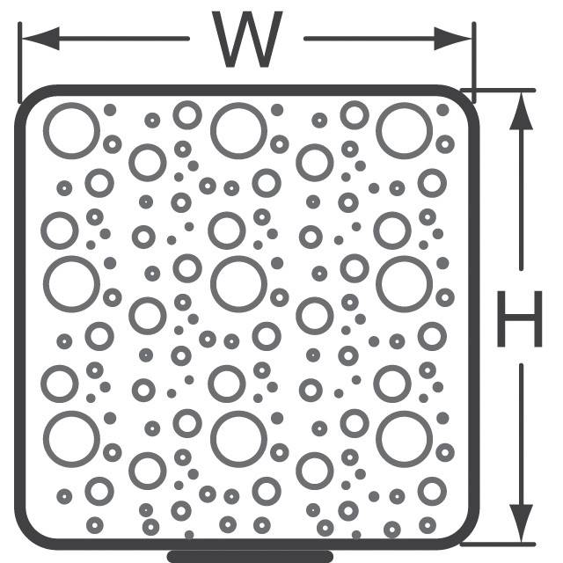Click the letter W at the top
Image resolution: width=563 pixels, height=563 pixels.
click(x=247, y=40)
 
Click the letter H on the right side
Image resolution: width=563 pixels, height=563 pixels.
click(x=520, y=318)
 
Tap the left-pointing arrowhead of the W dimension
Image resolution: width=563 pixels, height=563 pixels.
click(x=40, y=39)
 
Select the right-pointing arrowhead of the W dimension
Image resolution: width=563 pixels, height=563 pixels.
click(x=453, y=39)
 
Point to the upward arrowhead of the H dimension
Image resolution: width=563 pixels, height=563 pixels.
click(x=521, y=111)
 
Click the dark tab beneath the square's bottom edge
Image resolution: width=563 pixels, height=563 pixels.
click(x=250, y=557)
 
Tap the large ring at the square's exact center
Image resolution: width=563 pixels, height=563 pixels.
click(x=238, y=284)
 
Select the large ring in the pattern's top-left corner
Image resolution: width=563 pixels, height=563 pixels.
click(x=71, y=131)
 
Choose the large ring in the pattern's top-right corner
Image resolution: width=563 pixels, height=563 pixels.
click(x=405, y=131)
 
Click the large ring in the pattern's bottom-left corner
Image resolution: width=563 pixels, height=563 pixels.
click(x=71, y=439)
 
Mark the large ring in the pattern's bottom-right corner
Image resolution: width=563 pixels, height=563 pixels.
click(x=405, y=439)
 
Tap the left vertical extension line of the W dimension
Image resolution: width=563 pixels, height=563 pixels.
click(x=19, y=62)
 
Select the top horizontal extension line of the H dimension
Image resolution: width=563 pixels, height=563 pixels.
click(x=498, y=90)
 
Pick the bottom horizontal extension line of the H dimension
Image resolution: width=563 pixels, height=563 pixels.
click(x=498, y=545)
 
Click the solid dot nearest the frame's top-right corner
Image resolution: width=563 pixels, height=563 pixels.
click(x=442, y=110)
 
